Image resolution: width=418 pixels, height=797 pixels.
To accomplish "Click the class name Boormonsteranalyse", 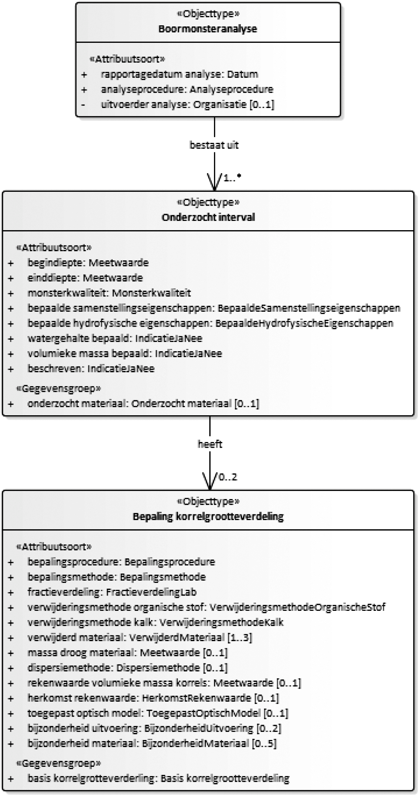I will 208,29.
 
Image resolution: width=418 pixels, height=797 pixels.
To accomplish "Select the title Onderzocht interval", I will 208,217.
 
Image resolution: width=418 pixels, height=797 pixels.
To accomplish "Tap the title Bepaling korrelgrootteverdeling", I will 208,516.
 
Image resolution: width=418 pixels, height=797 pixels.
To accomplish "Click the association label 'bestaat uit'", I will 214,145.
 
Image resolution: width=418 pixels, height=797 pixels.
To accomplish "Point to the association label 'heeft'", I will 210,444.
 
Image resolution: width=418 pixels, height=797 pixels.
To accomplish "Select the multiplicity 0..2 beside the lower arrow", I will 228,477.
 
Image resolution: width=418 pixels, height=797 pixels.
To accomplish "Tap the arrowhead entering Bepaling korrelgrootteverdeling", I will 210,484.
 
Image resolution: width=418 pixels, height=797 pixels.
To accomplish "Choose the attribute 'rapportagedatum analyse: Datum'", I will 179,74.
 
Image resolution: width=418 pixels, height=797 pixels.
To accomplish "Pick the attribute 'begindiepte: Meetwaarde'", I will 88,263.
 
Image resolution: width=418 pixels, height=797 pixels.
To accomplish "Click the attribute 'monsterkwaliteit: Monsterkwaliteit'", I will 109,293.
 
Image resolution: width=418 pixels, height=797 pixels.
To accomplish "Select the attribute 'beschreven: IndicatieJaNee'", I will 91,369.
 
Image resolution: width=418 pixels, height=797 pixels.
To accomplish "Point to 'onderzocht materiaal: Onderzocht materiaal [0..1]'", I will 143,403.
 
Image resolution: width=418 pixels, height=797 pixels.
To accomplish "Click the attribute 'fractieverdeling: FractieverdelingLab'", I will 112,592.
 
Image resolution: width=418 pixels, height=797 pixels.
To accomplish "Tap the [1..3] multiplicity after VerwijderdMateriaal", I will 240,638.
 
